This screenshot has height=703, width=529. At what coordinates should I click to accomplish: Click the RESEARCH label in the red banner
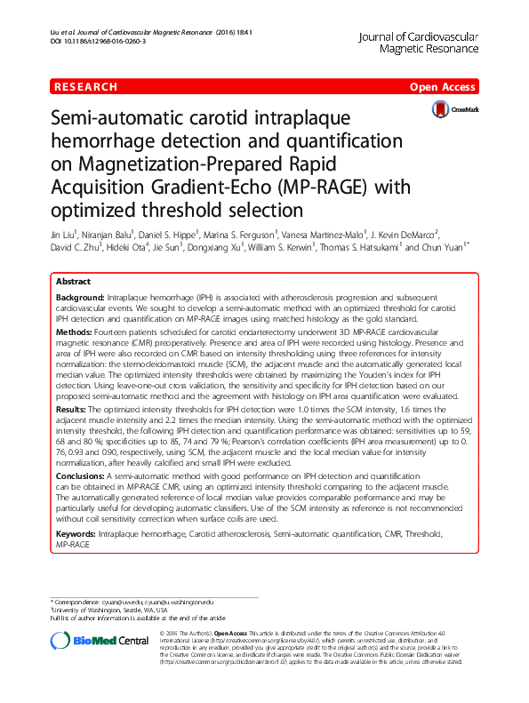click(x=86, y=87)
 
